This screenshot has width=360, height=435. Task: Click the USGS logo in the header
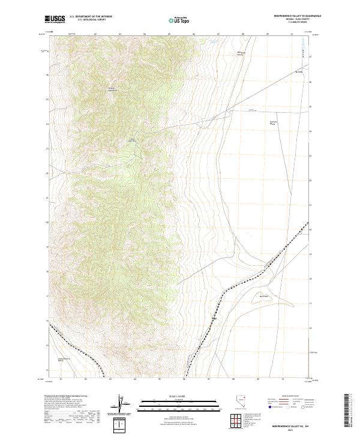click(55, 19)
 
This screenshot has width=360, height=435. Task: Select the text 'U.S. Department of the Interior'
click(91, 17)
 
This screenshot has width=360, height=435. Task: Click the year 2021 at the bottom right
click(290, 430)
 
